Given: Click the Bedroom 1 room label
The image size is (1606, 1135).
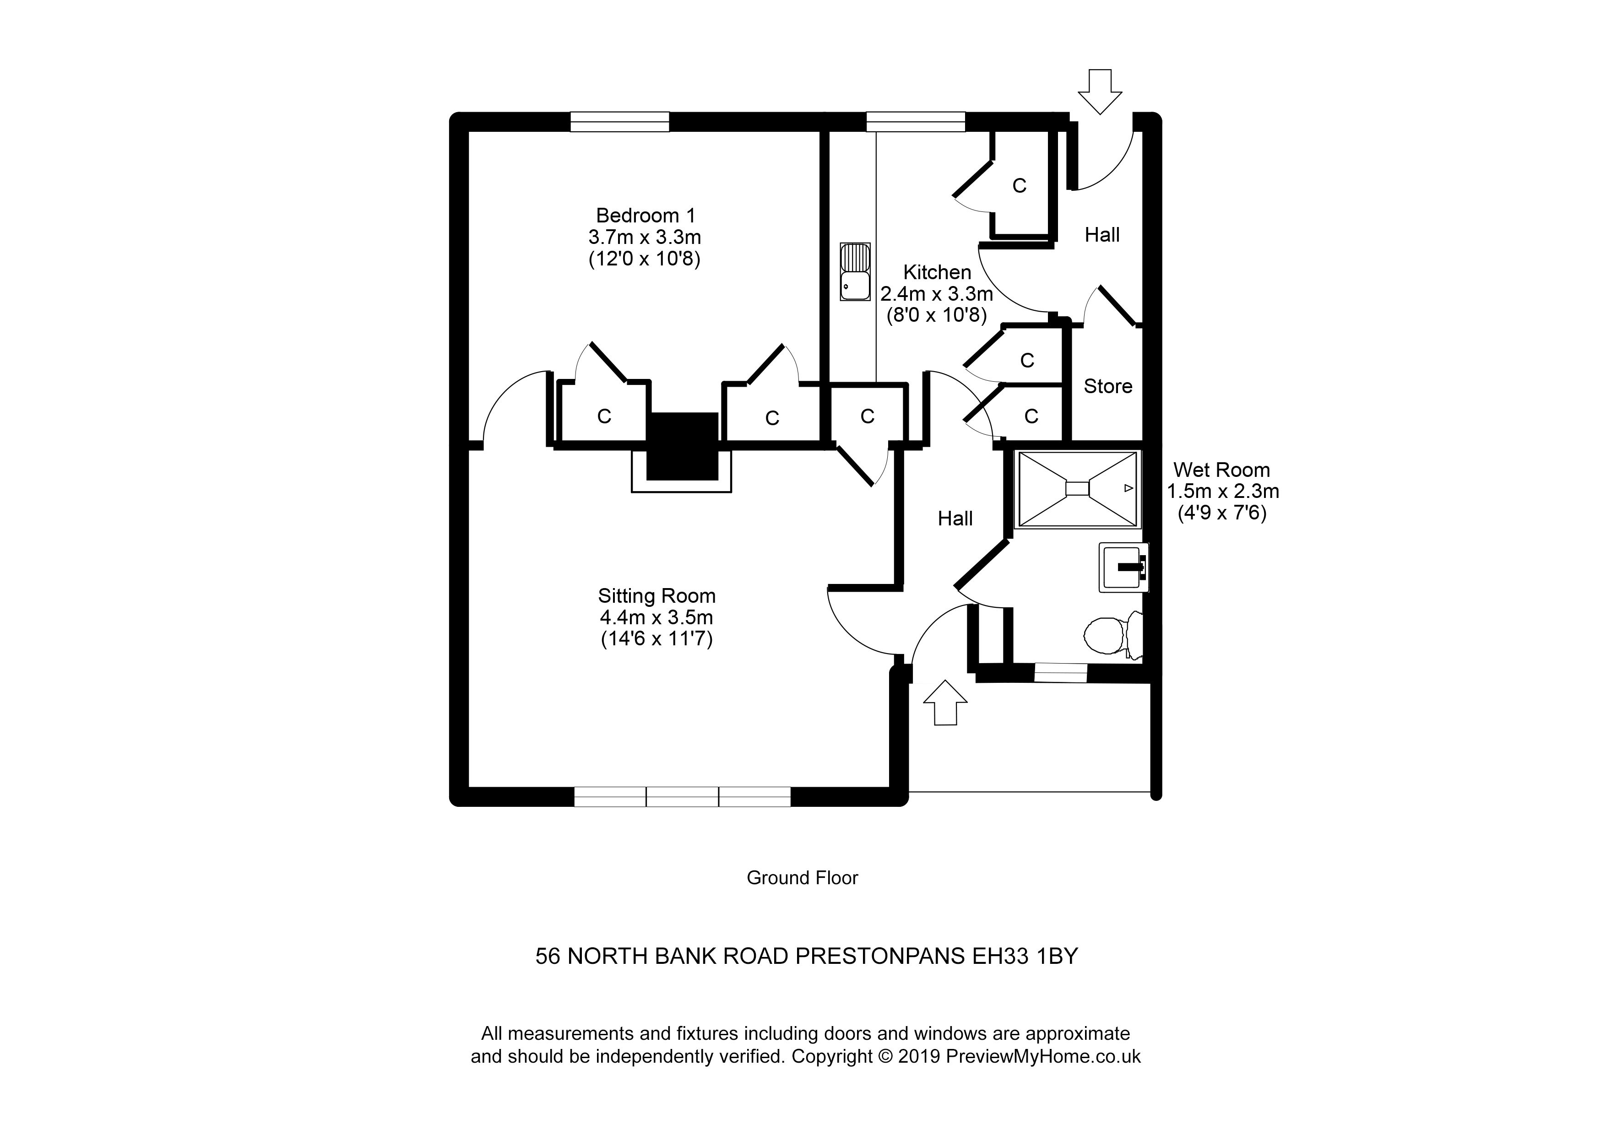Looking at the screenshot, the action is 645,216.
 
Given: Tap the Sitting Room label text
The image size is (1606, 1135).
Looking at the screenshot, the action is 656,596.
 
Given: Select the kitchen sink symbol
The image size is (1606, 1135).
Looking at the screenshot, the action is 855,272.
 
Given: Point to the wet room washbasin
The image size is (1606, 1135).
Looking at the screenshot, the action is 1123,567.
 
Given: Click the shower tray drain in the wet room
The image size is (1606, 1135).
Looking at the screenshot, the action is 1077,488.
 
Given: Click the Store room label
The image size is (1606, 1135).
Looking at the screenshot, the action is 1107,386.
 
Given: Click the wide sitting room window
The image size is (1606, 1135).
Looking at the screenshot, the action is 682,796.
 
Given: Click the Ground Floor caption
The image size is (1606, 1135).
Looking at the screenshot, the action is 802,878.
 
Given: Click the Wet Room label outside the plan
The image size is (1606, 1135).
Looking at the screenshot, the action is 1221,470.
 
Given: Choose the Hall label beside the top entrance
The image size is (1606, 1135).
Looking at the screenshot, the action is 1101,235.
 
